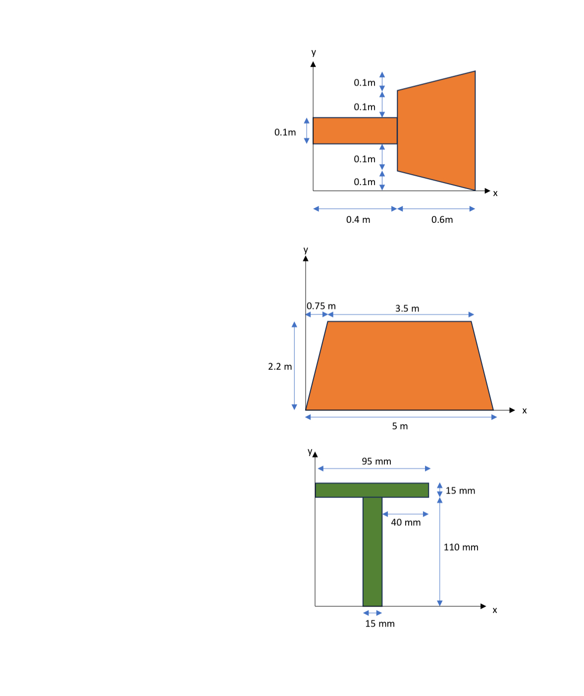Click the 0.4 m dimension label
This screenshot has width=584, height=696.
[x=358, y=220]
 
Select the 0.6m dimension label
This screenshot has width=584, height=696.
[x=442, y=220]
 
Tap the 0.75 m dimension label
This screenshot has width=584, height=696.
[x=321, y=306]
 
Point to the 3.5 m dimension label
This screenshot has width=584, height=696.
[x=407, y=308]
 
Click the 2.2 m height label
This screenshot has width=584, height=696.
[x=280, y=366]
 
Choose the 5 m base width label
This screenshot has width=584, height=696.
[x=400, y=426]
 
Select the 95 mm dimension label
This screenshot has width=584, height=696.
[x=376, y=461]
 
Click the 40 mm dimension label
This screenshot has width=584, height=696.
[x=406, y=522]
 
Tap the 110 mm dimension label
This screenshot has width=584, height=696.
[x=461, y=547]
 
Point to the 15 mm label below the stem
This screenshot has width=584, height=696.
[x=380, y=624]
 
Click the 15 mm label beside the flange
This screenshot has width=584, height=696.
[x=460, y=491]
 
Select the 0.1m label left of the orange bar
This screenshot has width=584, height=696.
[x=285, y=132]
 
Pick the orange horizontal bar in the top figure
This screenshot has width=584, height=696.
[x=355, y=131]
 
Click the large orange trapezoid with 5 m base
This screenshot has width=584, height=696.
[x=399, y=366]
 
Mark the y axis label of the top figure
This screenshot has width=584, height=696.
[x=314, y=52]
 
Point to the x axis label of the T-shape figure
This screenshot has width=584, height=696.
[x=494, y=610]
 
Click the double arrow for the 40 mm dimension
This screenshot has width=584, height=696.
[x=405, y=514]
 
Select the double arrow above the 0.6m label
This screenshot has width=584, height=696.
[x=436, y=208]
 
